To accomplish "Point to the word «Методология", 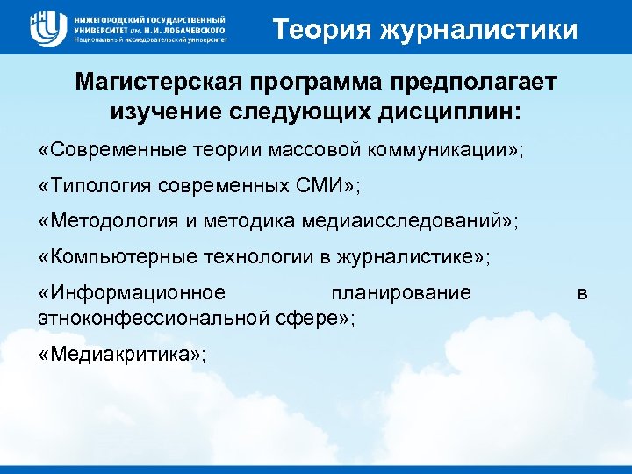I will coord(104,221).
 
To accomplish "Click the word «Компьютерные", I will coord(109,257).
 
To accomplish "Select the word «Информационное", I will coord(133,293).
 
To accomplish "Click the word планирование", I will coord(401,293).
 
